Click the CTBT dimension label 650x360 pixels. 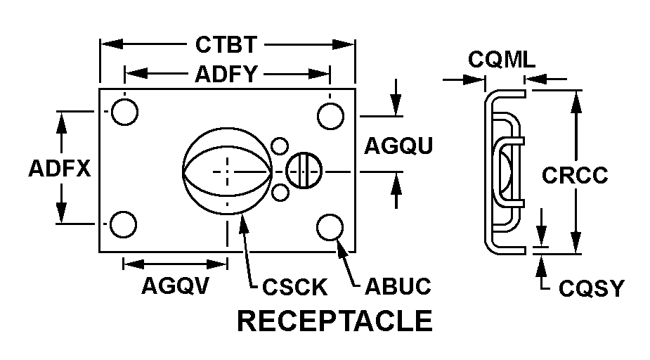[x=226, y=45]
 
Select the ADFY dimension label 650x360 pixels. [x=226, y=72]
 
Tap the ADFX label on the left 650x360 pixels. [x=60, y=169]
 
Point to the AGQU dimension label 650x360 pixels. [x=398, y=146]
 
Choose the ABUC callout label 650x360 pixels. [x=397, y=286]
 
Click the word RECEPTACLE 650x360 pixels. [x=334, y=321]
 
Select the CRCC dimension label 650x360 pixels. [x=575, y=174]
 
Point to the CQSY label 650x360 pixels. [x=591, y=288]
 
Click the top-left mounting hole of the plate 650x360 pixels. [x=124, y=112]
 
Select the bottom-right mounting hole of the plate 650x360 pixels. [x=330, y=227]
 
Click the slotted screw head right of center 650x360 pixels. [x=304, y=170]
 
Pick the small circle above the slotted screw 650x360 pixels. [x=280, y=147]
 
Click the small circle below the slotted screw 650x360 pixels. [x=280, y=192]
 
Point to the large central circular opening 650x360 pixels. [x=226, y=169]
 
